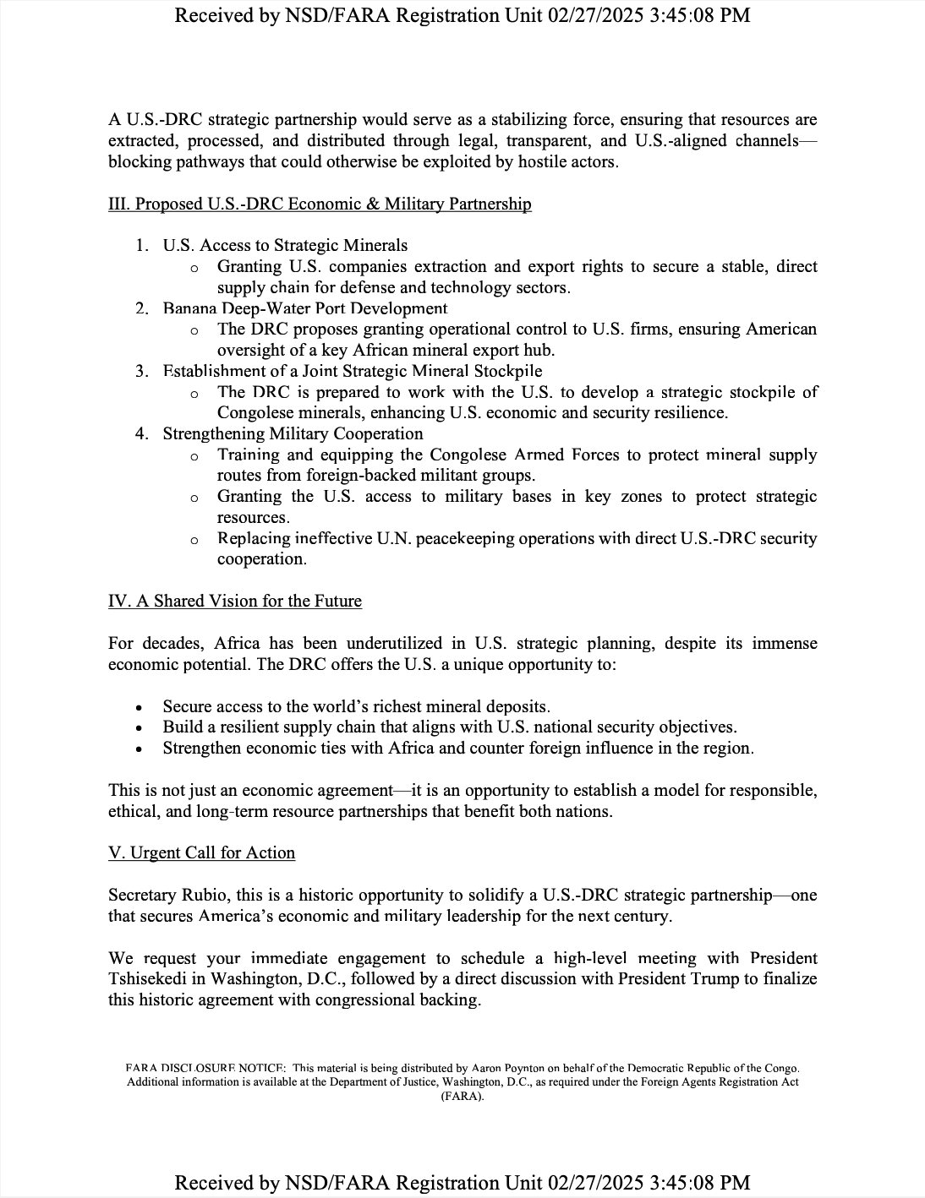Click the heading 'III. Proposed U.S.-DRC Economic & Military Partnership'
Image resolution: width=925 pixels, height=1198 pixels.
coord(320,204)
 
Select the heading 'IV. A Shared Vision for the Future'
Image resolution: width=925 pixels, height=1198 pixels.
coord(235,601)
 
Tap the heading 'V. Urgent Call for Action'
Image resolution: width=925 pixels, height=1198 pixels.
coord(201,852)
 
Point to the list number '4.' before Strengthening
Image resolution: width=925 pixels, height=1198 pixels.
coord(142,433)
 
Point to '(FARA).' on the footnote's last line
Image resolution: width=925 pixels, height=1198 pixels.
coord(462,1096)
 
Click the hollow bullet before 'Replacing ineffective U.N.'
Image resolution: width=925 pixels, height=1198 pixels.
coord(194,539)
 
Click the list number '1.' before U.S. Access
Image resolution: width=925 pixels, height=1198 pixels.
coord(142,245)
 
